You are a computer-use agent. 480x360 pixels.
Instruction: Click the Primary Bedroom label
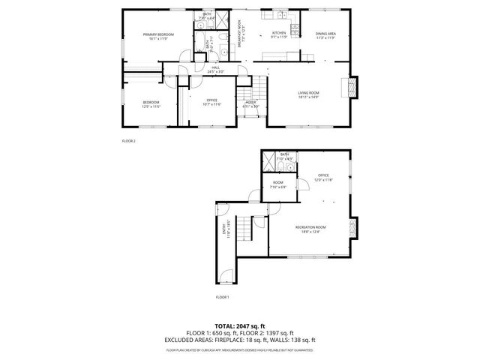pos(158,36)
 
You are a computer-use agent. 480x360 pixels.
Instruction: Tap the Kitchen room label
pos(279,34)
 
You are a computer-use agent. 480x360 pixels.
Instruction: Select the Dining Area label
pos(325,34)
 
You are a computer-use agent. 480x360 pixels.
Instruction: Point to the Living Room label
pos(308,94)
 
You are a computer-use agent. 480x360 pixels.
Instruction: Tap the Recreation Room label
pos(310,228)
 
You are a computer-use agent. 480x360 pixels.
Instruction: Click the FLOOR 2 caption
pos(129,140)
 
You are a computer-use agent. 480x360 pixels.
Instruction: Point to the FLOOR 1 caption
pos(222,298)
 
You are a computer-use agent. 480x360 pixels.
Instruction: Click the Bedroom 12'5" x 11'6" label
pos(151,104)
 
